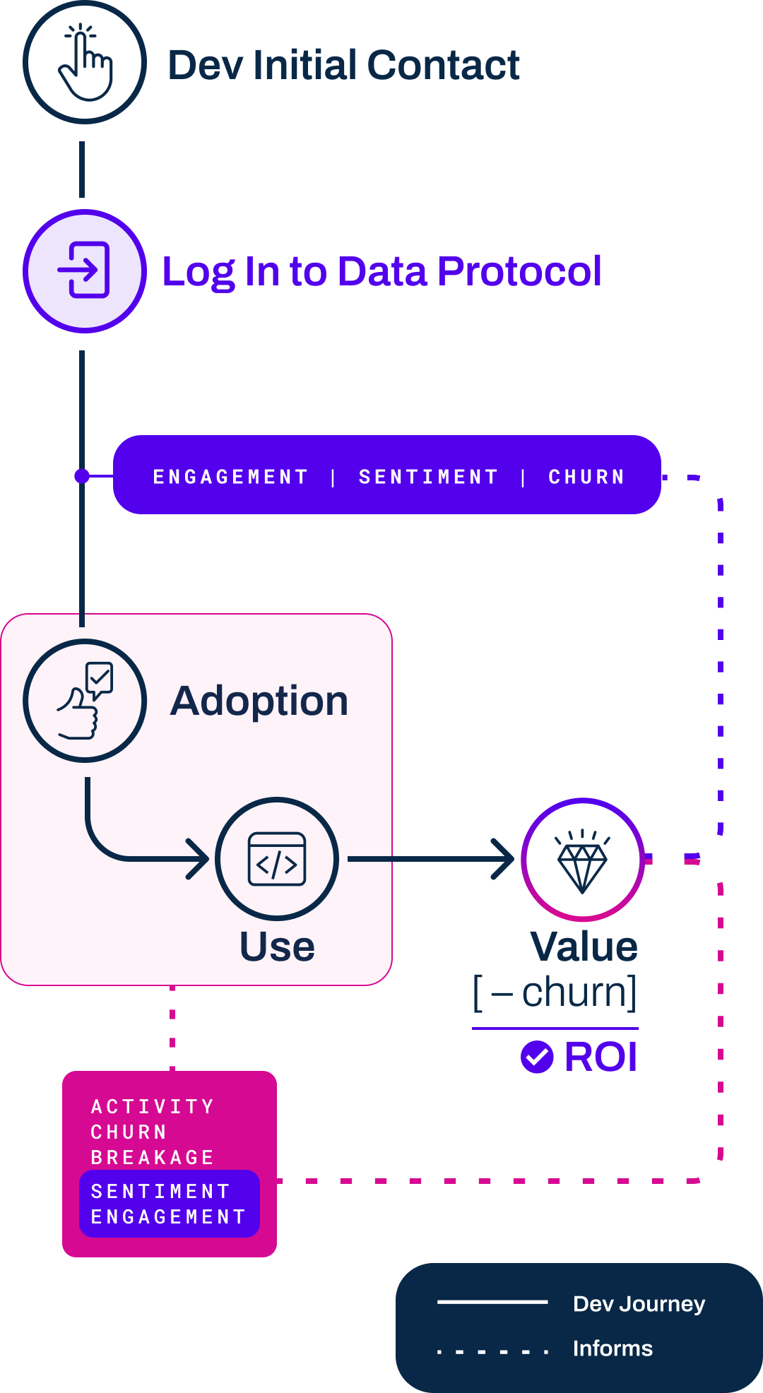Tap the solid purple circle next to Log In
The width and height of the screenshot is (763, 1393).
[x=85, y=271]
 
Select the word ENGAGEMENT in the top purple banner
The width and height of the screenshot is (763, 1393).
[x=230, y=477]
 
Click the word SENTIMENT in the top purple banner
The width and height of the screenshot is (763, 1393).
[x=428, y=477]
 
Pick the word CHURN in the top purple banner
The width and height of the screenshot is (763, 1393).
[x=586, y=477]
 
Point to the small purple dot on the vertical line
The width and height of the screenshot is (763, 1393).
[x=82, y=476]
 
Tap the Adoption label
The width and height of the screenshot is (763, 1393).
[x=259, y=701]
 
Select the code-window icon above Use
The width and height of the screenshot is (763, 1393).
[x=277, y=859]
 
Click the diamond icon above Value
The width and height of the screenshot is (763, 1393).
[x=582, y=860]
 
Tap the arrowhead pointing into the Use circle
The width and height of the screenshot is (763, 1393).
[x=199, y=859]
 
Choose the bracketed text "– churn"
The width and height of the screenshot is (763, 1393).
[x=555, y=992]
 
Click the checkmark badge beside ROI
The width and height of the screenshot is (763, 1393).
[x=537, y=1057]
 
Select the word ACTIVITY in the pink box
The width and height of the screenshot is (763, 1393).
[x=153, y=1106]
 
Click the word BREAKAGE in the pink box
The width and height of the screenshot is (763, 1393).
[x=153, y=1157]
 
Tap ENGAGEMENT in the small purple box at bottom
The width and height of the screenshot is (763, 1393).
[x=168, y=1216]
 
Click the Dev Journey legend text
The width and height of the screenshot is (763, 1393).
[x=639, y=1303]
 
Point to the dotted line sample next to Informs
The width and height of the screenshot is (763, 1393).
[x=492, y=1351]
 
